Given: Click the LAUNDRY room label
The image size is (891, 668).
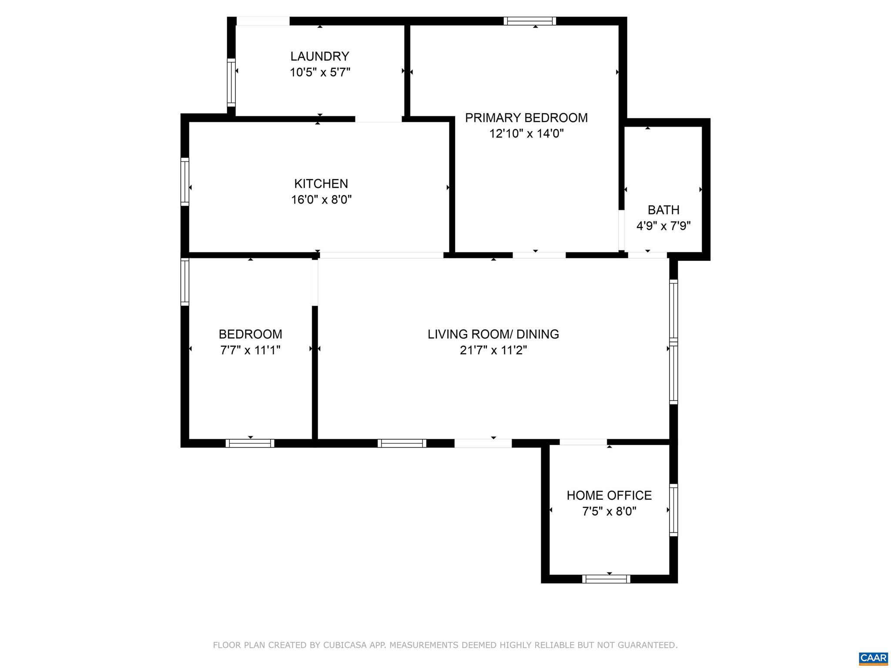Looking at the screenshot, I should click(320, 56).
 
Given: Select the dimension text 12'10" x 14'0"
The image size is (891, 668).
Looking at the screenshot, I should click(526, 134).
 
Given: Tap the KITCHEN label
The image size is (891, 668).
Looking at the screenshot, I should click(321, 184).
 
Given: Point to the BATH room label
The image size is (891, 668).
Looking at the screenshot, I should click(663, 210).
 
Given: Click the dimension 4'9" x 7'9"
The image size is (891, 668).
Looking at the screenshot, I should click(663, 226).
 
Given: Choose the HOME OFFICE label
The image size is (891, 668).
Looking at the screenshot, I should click(609, 495).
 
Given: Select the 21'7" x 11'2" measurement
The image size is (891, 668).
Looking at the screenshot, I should click(493, 350).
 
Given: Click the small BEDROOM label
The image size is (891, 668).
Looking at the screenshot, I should click(250, 334).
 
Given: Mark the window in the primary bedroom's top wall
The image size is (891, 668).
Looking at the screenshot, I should click(530, 21).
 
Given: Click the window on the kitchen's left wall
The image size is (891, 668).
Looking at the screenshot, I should click(185, 182).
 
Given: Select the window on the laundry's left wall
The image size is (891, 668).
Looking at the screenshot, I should click(231, 82).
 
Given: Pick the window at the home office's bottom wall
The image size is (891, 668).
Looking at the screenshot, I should click(606, 579).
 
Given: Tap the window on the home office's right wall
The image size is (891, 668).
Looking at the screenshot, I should click(673, 510).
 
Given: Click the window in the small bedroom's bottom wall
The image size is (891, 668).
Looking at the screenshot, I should click(250, 443).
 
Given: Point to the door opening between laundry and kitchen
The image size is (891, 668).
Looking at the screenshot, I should click(379, 119).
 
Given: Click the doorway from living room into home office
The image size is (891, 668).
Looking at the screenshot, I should click(583, 442).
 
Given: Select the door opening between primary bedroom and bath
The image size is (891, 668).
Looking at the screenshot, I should click(622, 231).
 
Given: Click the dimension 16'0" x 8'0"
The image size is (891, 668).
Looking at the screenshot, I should click(321, 200).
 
